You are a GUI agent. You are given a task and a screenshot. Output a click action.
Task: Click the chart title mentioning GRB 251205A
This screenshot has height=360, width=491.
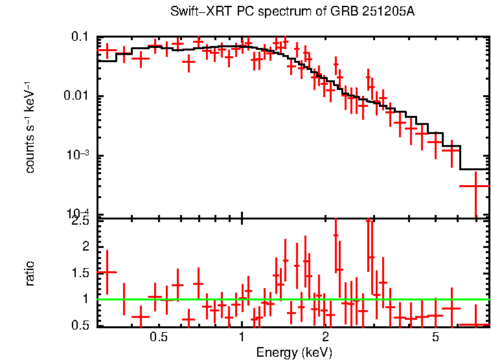(292, 12)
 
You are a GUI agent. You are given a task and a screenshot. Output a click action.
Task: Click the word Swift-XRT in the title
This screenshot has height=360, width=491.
(193, 12)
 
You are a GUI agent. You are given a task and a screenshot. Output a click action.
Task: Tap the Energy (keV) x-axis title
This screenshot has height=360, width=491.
(294, 352)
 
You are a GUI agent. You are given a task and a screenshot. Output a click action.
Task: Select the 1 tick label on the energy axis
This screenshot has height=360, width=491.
(242, 337)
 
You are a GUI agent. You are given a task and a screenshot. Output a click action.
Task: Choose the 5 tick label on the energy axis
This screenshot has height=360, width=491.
(435, 337)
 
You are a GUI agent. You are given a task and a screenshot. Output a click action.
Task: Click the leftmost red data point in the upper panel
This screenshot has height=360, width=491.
(107, 50)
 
